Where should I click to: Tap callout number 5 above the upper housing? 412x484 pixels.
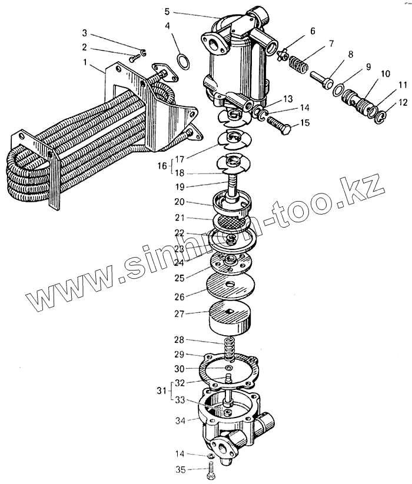tap(167, 11)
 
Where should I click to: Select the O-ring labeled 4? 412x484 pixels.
tap(184, 61)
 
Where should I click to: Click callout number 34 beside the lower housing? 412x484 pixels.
tap(181, 420)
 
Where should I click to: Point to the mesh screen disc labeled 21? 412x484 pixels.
tap(230, 222)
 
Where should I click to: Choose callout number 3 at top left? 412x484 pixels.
tap(85, 32)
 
